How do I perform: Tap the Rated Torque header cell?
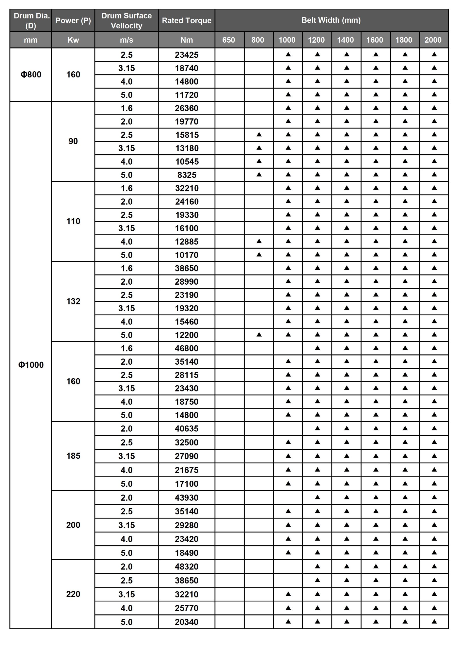click(x=186, y=20)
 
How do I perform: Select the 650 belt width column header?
click(x=229, y=40)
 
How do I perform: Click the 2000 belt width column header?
click(x=433, y=40)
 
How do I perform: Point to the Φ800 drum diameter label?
click(x=31, y=74)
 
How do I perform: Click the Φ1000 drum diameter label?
click(x=31, y=365)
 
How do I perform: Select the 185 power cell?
click(x=73, y=456)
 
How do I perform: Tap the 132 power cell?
click(x=73, y=301)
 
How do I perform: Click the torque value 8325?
click(x=187, y=175)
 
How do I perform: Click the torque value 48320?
click(x=186, y=566)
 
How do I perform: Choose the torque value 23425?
click(x=186, y=55)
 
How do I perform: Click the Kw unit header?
click(x=73, y=40)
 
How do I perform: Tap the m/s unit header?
click(x=126, y=40)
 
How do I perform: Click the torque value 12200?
click(x=186, y=335)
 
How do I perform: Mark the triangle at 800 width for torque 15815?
click(x=259, y=135)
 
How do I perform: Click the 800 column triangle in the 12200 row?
click(x=259, y=335)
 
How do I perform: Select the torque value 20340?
click(x=186, y=622)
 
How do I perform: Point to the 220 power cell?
click(x=73, y=594)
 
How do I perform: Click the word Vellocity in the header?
click(x=126, y=26)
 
